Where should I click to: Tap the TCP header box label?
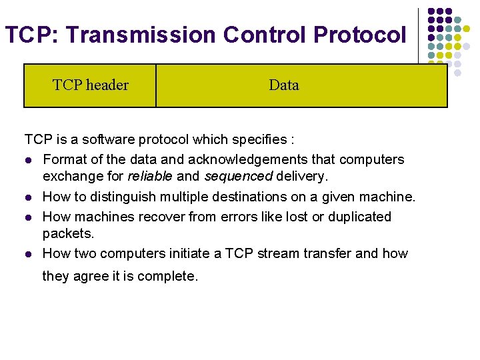click(91, 85)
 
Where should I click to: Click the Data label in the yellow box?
click(284, 85)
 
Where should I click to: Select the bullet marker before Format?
click(28, 160)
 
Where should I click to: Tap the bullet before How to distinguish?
click(28, 197)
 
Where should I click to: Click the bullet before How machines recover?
click(28, 217)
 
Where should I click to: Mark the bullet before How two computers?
click(28, 254)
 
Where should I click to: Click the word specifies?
click(258, 140)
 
